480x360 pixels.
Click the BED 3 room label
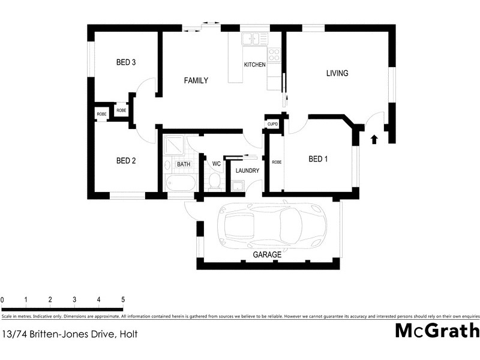[x=126, y=62]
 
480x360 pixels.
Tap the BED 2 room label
[x=126, y=160]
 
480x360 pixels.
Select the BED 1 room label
[x=318, y=159]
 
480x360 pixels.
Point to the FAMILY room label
[x=196, y=80]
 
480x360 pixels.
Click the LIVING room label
[x=337, y=73]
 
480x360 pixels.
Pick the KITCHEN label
[x=254, y=65]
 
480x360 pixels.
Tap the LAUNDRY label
[x=247, y=171]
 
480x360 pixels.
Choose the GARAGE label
[x=267, y=255]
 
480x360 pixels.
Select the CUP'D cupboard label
[x=273, y=124]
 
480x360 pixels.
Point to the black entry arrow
[x=374, y=140]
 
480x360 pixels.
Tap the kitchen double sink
[x=254, y=39]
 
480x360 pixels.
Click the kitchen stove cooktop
[x=274, y=55]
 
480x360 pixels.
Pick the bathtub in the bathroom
[x=180, y=184]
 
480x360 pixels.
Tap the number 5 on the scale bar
[x=123, y=299]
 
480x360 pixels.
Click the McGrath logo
[x=437, y=331]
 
